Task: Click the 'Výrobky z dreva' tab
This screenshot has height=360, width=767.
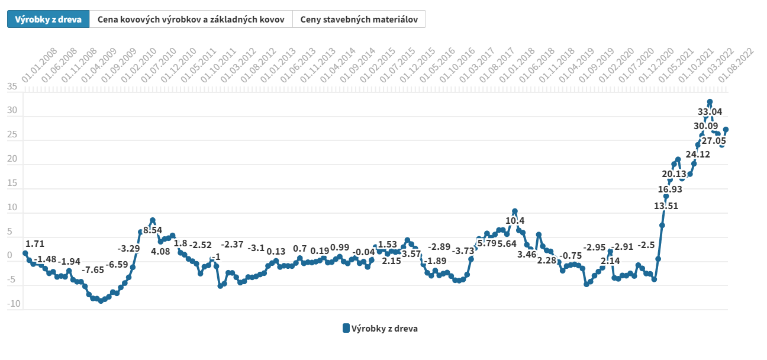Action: click(x=48, y=19)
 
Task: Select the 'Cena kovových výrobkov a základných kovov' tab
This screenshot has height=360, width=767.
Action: click(x=191, y=19)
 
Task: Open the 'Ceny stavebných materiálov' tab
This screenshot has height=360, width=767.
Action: click(x=359, y=19)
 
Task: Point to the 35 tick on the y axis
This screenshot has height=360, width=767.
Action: click(x=12, y=88)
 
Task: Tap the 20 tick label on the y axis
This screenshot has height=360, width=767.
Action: click(x=12, y=160)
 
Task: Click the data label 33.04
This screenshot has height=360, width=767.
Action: click(x=710, y=111)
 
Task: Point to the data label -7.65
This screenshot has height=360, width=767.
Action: click(x=93, y=270)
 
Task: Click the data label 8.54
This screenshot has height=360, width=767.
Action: click(x=153, y=230)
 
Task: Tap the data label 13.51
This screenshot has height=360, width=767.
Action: click(x=666, y=206)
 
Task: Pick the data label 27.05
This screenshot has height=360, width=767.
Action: click(x=713, y=141)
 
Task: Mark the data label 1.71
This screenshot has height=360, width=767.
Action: click(x=35, y=243)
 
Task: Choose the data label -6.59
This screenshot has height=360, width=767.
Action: click(x=117, y=264)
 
